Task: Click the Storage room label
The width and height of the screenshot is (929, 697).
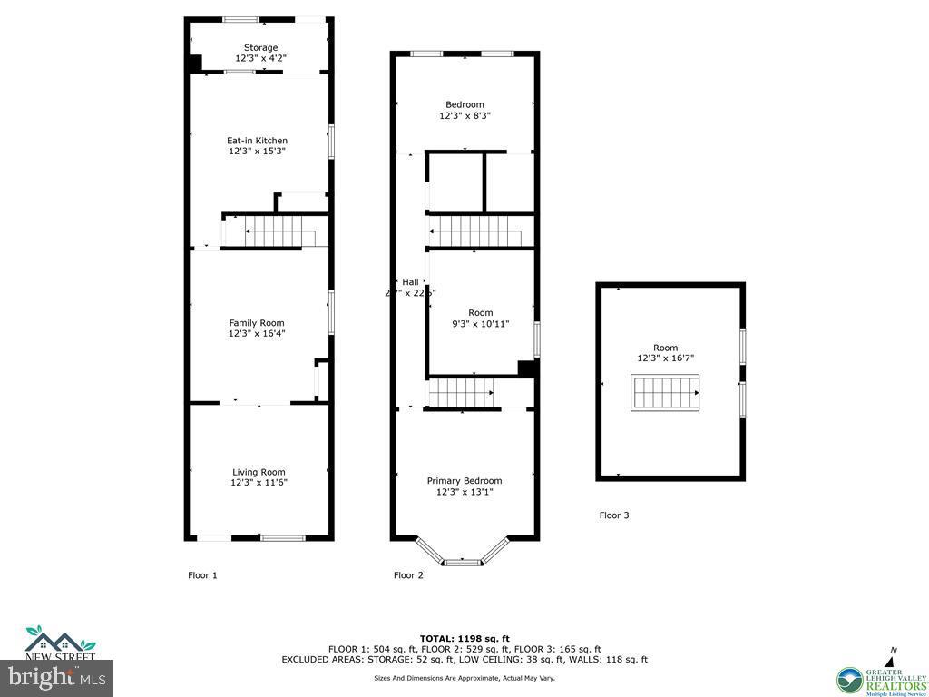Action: pos(260,47)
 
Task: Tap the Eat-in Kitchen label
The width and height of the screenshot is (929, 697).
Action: pos(257,141)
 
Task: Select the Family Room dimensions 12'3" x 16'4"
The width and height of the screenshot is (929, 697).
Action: pos(257,333)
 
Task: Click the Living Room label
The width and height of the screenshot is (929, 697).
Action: pos(259,472)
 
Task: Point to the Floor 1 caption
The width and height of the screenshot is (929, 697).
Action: pos(202,575)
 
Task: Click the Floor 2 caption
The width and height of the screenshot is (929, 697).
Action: pos(408,575)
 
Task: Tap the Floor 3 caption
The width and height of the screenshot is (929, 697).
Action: pos(614,515)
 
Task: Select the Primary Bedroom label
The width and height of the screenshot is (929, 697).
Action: pos(464,481)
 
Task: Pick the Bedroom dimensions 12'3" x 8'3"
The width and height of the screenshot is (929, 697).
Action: pos(464,115)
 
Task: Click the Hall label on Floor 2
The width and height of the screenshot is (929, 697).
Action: pos(410,281)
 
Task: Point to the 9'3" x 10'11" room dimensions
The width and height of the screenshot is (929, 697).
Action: pos(481,324)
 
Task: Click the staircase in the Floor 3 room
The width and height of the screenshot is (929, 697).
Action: pos(665,393)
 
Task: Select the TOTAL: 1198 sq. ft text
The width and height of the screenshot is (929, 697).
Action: pos(464,638)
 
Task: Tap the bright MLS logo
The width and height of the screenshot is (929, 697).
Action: pos(56,677)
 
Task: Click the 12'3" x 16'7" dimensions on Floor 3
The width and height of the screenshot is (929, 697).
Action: pos(665,358)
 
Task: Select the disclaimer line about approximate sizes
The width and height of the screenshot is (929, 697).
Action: pos(464,678)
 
